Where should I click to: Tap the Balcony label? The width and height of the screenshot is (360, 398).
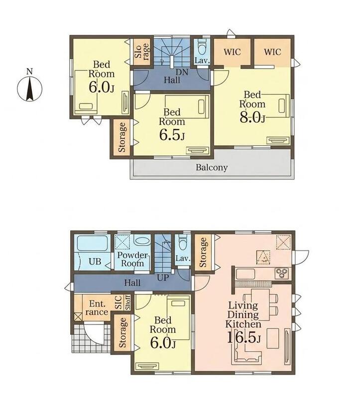[x=212, y=168]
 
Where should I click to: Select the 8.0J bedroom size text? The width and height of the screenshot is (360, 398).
[x=252, y=118]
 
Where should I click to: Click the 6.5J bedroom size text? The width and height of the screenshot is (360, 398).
[x=172, y=135]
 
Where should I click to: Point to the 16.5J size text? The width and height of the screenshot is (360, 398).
[x=243, y=337]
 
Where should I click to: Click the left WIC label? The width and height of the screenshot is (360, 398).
[x=232, y=52]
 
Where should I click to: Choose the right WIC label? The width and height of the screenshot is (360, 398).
[x=272, y=52]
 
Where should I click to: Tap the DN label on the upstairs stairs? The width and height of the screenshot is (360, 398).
[x=182, y=72]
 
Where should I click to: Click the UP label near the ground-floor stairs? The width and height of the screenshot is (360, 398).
[x=163, y=278]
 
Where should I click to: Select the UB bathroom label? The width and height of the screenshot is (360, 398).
[x=95, y=262]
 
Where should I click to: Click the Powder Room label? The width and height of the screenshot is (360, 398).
[x=132, y=259]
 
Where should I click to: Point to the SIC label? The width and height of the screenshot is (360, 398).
[x=119, y=302]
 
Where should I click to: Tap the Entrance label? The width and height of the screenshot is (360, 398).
[x=97, y=307]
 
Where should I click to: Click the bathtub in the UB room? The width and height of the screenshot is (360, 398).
[x=92, y=243]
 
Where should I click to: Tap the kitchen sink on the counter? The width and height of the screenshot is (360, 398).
[x=245, y=274]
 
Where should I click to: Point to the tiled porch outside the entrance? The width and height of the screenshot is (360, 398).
[x=91, y=339]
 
